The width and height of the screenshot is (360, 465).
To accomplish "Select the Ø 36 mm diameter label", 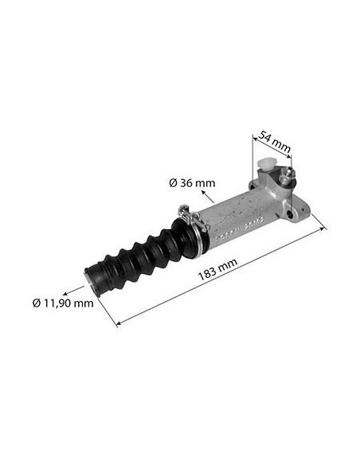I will tap(192, 183).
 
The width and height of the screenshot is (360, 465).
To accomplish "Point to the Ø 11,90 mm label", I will tap(63, 303).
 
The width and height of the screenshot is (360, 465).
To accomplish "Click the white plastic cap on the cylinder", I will tap(265, 170).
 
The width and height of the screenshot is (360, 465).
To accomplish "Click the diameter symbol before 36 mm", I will tap(173, 183).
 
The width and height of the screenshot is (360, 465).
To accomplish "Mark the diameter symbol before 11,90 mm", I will tap(37, 303).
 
